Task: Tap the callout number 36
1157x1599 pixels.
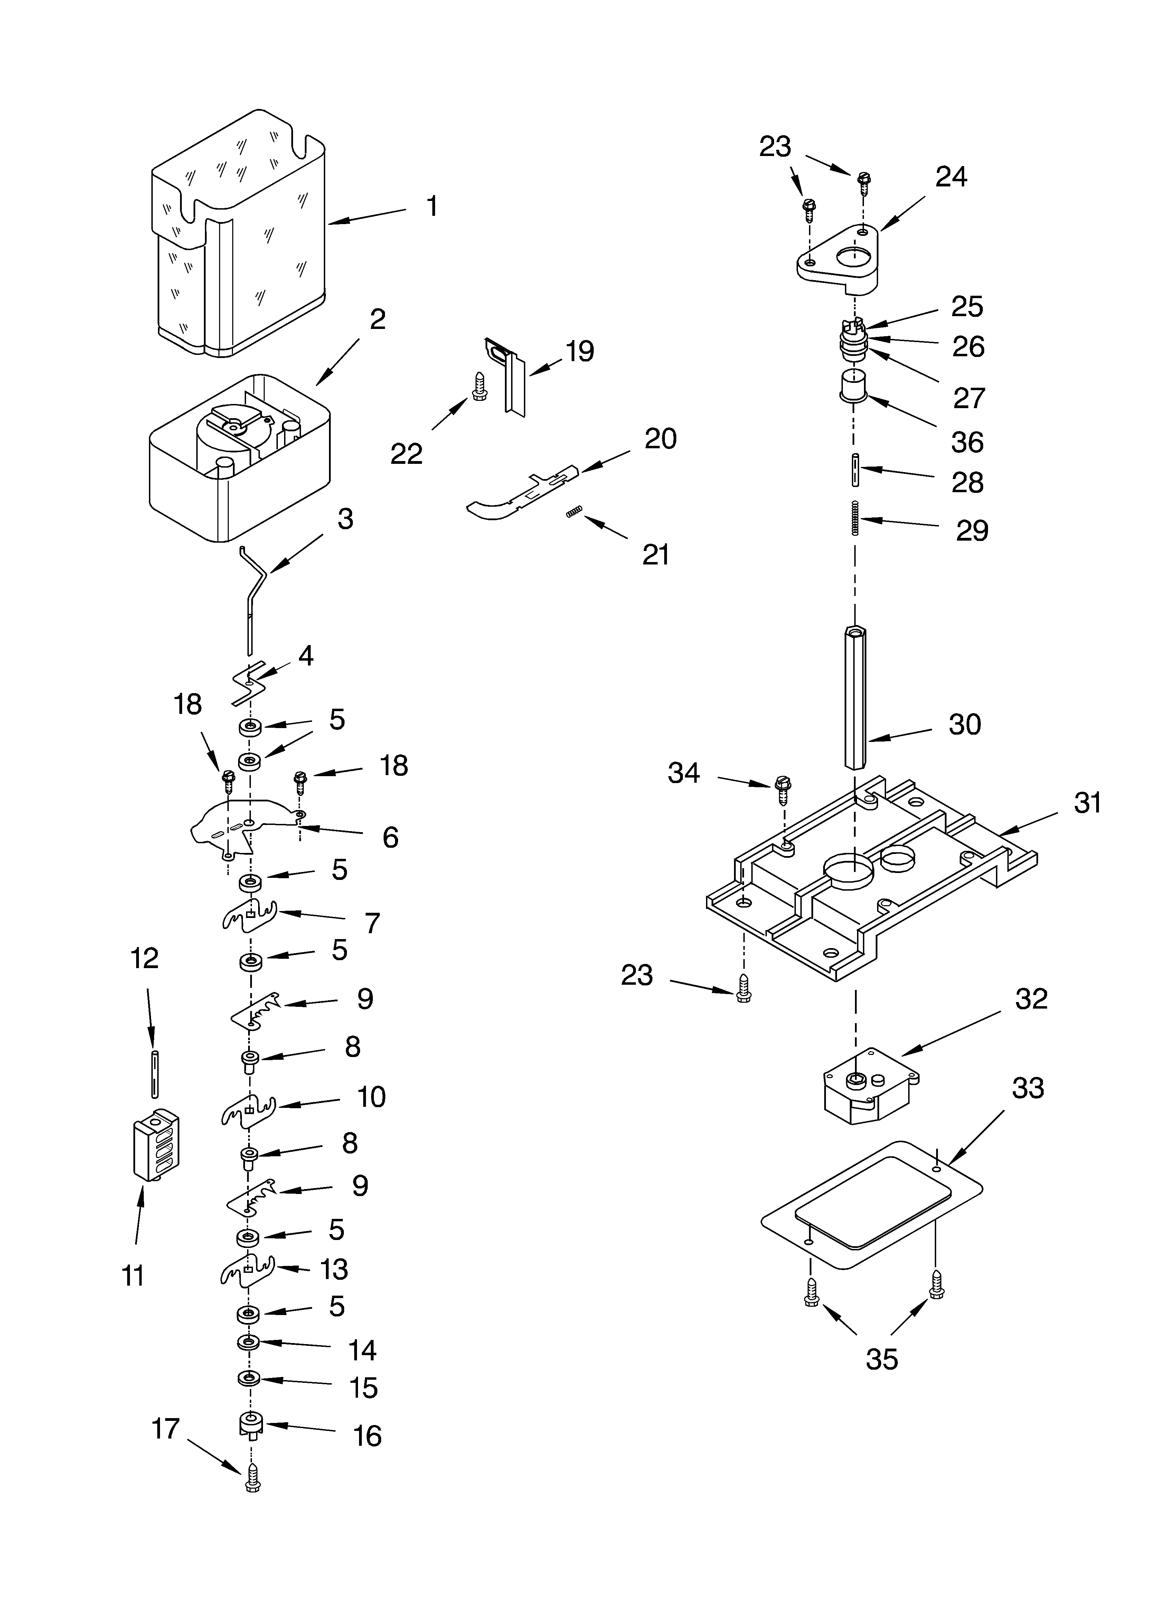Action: (967, 442)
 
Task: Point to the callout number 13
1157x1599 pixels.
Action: (334, 1269)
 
